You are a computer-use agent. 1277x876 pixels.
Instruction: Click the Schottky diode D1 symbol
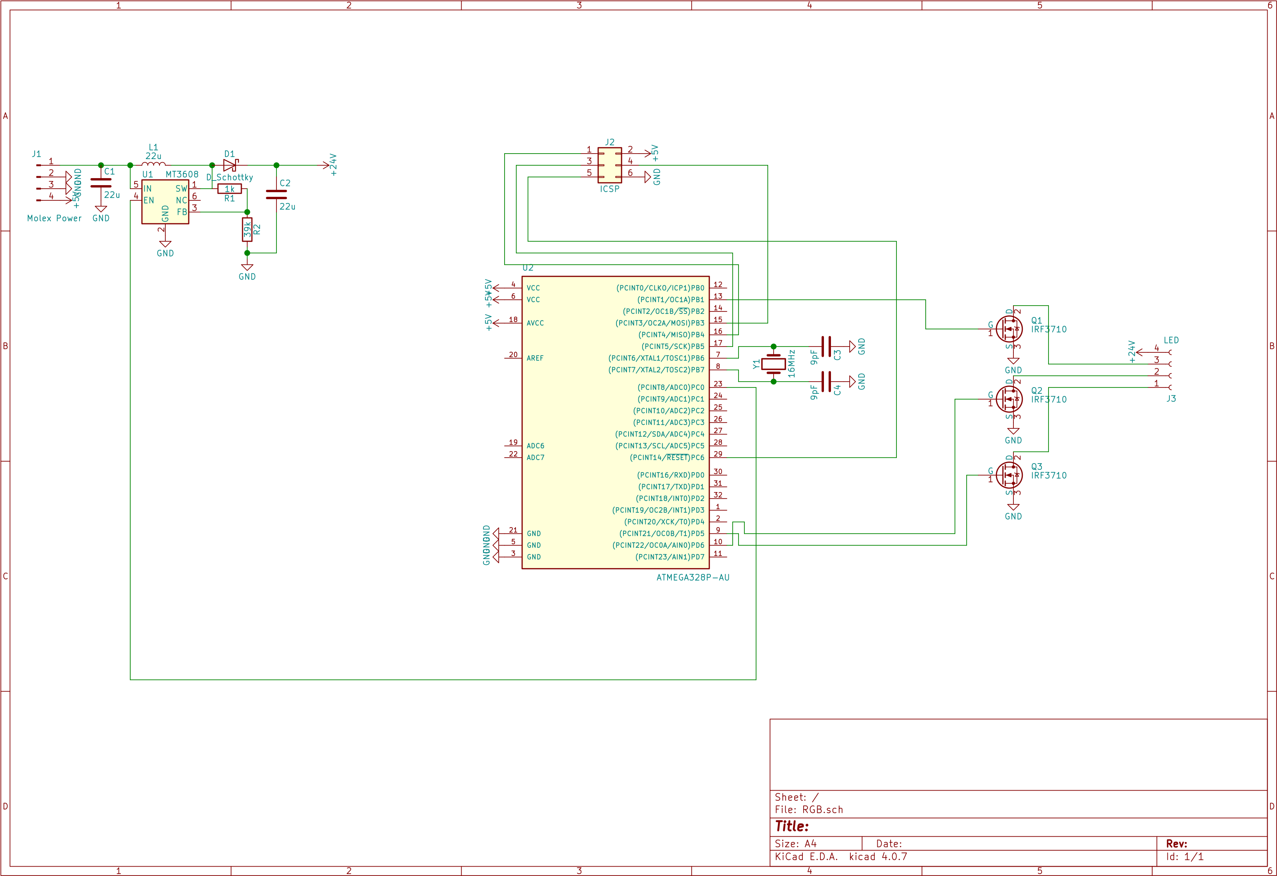[x=230, y=165]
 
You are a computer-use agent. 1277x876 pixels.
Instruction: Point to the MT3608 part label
[x=182, y=175]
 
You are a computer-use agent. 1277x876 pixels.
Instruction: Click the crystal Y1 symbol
[x=773, y=364]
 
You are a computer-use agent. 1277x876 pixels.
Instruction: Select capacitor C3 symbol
[x=826, y=347]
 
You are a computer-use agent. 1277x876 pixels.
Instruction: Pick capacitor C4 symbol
[x=826, y=381]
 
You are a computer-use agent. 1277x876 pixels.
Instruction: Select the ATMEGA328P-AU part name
[x=693, y=577]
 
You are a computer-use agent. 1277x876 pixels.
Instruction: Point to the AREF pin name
[x=535, y=358]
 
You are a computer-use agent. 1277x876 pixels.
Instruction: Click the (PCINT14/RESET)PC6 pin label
[x=666, y=458]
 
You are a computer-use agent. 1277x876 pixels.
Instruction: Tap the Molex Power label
[x=54, y=218]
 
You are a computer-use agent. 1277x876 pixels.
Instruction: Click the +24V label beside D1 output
[x=333, y=165]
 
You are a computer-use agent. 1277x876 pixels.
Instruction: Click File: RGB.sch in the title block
[x=808, y=810]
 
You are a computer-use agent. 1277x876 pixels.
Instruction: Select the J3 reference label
[x=1171, y=399]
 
